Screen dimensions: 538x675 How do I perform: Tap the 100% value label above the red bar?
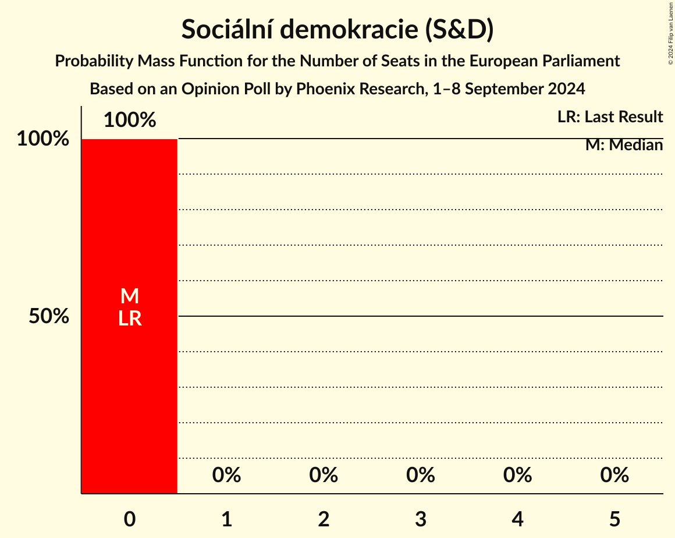tap(130, 121)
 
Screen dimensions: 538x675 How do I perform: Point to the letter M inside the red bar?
tap(130, 296)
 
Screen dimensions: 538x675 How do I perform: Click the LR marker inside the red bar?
tap(130, 318)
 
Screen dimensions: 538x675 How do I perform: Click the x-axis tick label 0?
tap(130, 519)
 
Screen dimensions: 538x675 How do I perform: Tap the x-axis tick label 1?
tap(227, 519)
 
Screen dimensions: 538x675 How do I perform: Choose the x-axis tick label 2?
tap(324, 519)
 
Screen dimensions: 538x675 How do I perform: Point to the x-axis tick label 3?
tap(421, 519)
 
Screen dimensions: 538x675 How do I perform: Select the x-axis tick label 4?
tap(518, 519)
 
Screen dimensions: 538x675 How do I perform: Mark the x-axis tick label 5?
tap(615, 519)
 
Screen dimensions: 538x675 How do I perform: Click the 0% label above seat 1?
tap(227, 476)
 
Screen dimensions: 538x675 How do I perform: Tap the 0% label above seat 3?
tap(421, 476)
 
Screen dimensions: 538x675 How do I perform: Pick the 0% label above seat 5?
tap(615, 476)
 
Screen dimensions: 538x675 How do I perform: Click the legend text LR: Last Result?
tap(610, 117)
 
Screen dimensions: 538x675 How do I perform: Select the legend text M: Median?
tap(624, 145)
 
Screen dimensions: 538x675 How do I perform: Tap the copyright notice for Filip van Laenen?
tap(670, 33)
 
